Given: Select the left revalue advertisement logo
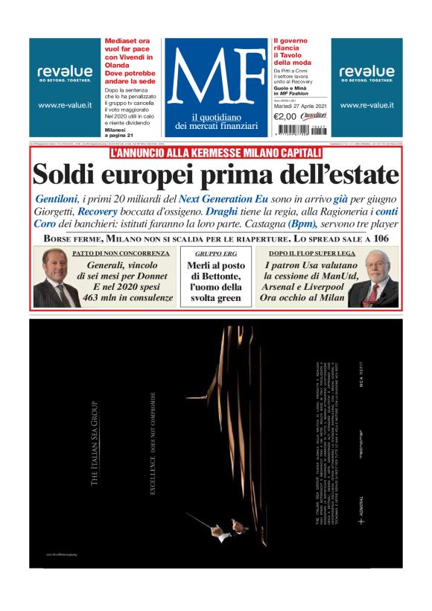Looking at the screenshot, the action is [x=65, y=73].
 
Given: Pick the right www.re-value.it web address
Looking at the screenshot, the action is [x=366, y=106].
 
